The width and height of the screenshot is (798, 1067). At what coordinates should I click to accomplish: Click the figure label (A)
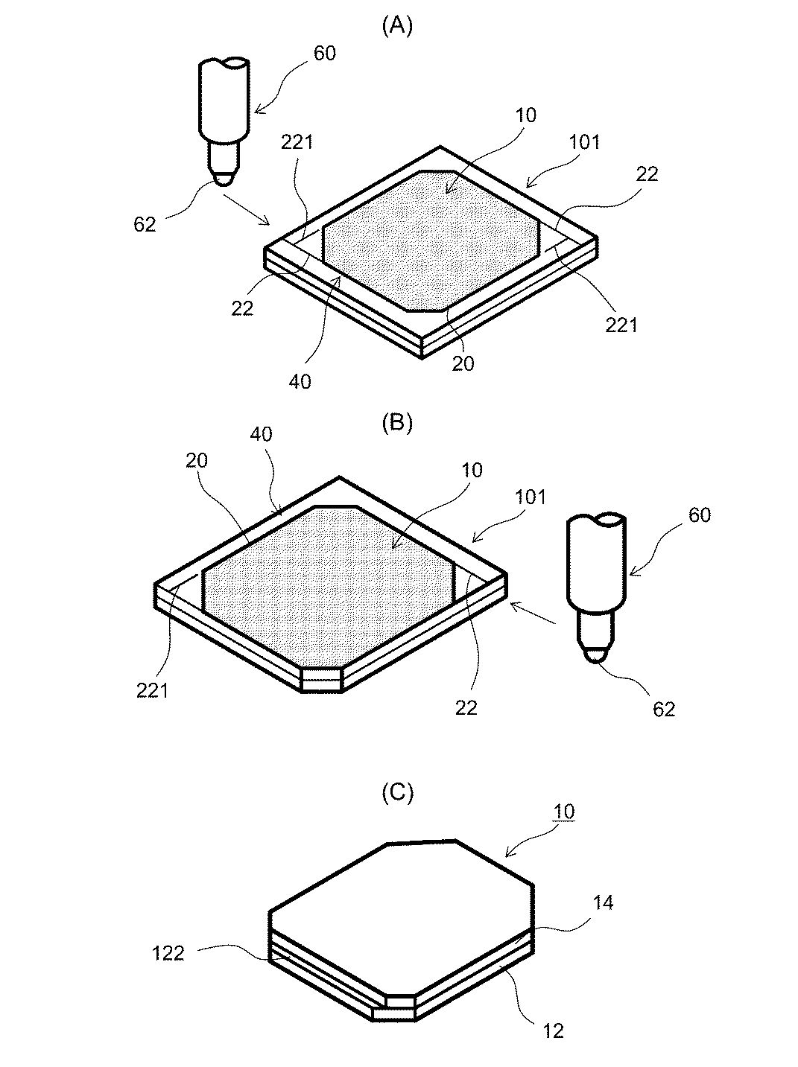[x=396, y=27]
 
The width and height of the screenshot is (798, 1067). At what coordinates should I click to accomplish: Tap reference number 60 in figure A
[x=324, y=53]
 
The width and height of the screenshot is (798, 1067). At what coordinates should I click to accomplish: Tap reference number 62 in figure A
[x=145, y=223]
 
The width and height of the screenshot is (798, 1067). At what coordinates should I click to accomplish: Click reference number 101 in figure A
[x=583, y=141]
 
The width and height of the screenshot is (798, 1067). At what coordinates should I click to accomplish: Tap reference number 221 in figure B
[x=152, y=691]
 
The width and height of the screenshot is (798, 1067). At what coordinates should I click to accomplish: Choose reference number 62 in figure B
[x=662, y=710]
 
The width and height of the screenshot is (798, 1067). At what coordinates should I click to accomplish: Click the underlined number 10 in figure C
[x=564, y=811]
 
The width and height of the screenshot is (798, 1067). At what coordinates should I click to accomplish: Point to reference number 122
[x=168, y=952]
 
